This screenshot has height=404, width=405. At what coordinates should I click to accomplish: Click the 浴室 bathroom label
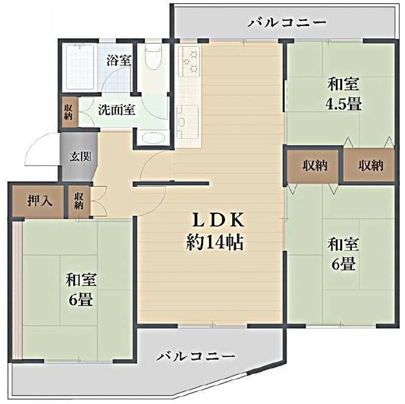click(x=119, y=60)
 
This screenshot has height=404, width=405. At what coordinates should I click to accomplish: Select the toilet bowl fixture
click(x=153, y=57)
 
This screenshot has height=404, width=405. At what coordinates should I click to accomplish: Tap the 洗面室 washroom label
click(x=117, y=110)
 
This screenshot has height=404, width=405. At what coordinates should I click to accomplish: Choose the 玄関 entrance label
click(x=80, y=156)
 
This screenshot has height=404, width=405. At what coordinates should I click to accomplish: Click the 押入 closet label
click(x=39, y=201)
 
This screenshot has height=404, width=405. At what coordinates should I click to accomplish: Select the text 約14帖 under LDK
click(x=215, y=243)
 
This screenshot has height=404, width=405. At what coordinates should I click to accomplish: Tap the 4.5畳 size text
click(x=343, y=104)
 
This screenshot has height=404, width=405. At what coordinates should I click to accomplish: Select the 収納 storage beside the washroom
click(x=68, y=112)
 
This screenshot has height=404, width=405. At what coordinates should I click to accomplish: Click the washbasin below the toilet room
click(x=153, y=137)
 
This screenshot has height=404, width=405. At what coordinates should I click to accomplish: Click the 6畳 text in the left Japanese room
click(x=80, y=300)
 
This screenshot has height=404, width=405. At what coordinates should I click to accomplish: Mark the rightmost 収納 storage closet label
click(x=371, y=166)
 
